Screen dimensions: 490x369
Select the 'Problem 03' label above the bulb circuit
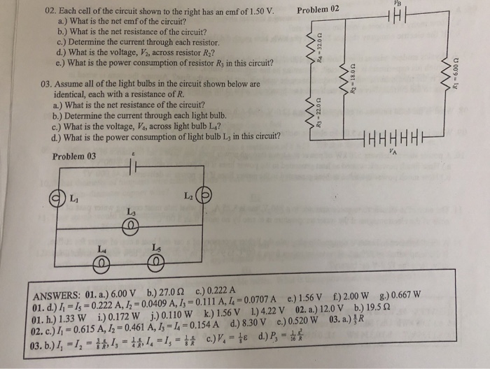(x=74, y=156)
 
